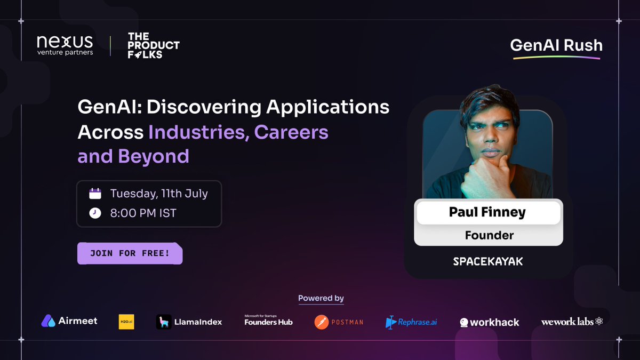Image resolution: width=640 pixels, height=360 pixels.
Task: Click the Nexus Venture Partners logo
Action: (x=65, y=45)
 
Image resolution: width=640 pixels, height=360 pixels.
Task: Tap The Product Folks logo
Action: (x=153, y=45)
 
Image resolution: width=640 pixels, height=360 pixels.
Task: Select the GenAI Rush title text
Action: (x=556, y=45)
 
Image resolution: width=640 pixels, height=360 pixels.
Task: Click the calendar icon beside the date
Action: (x=95, y=193)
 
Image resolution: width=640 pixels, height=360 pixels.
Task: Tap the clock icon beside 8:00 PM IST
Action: (x=95, y=213)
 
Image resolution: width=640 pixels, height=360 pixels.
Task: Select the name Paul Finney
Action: (x=488, y=212)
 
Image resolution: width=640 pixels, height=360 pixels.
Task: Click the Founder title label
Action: (x=489, y=235)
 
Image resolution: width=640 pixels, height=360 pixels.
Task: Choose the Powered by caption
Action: (x=321, y=298)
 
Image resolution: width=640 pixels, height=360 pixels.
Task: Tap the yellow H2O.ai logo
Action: (x=126, y=322)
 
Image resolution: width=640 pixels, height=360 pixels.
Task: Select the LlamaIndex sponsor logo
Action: (x=189, y=322)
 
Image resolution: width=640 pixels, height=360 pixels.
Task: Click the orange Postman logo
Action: (x=339, y=322)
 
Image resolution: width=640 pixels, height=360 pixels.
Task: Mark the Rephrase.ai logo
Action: (x=411, y=322)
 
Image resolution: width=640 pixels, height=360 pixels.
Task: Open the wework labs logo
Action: (x=572, y=322)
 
